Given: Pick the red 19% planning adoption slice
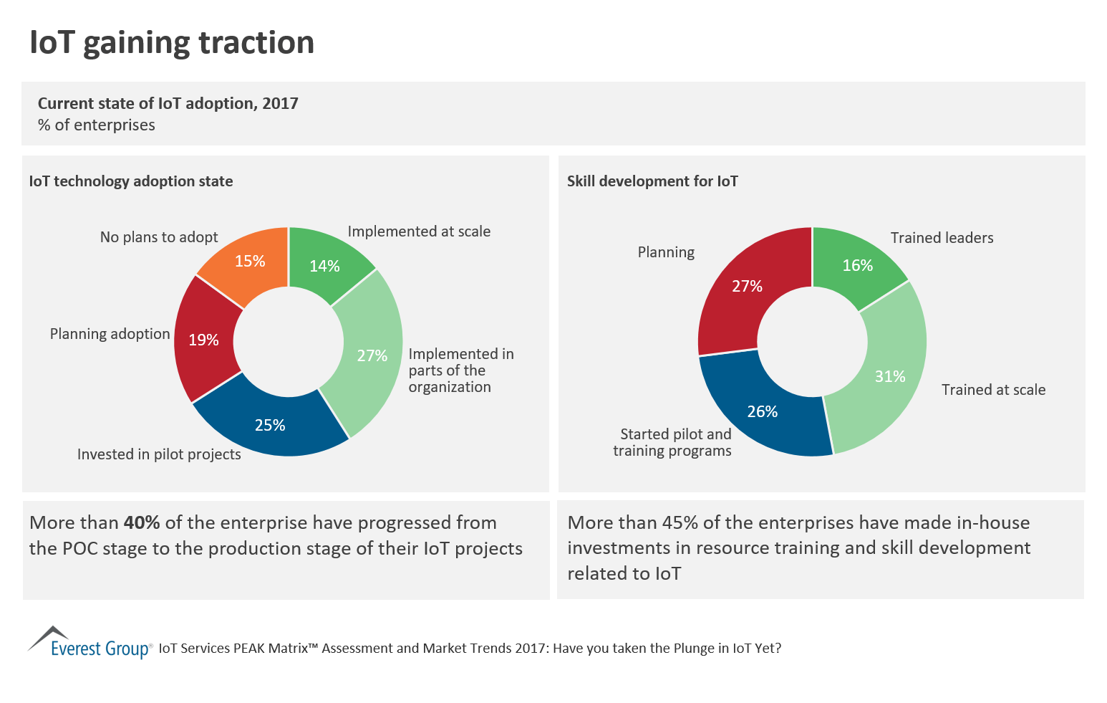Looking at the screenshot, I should pos(203,340).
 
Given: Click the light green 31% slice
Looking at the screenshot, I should pos(890,376).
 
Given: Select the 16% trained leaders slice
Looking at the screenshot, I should pos(857,265).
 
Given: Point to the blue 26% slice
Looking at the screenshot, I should pos(762,411).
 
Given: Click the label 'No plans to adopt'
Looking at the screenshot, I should pos(159,237).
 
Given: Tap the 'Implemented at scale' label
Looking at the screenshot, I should pos(419,231).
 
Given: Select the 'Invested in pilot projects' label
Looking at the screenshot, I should pos(159,454).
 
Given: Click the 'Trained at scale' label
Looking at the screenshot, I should pos(993,390).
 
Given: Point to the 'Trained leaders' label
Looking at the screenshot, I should pos(942,238).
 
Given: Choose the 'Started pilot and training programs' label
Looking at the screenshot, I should pos(673,442).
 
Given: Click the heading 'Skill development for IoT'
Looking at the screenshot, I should pos(652,181).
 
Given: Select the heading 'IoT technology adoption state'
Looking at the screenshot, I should pos(131,181).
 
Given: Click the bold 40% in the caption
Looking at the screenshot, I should pos(142,522).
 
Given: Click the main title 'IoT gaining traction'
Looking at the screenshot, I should pos(172,42).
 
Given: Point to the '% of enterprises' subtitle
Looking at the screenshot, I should pos(97,125).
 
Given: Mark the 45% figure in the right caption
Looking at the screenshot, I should pos(680,522).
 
